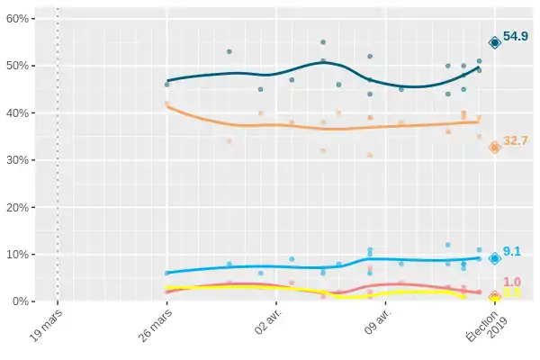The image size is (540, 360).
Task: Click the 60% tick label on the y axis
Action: pos(20,19)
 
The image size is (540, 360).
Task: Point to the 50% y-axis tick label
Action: pos(20,66)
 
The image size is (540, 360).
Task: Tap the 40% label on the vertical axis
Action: pos(20,113)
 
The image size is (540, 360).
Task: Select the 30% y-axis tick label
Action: pos(20,160)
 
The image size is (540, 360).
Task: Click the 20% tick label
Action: pos(20,207)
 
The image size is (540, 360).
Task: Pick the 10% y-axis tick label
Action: pos(20,254)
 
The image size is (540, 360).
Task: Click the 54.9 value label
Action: pos(516,37)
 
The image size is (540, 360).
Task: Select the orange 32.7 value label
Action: pos(516,140)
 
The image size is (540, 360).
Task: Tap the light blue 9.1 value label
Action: pos(512,252)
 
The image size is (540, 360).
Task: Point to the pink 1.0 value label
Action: pos(512,283)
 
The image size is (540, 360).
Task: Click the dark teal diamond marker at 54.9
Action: pos(494,43)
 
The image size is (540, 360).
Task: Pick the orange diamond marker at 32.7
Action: pos(494,148)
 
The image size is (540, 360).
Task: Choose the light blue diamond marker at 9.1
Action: pos(494,258)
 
